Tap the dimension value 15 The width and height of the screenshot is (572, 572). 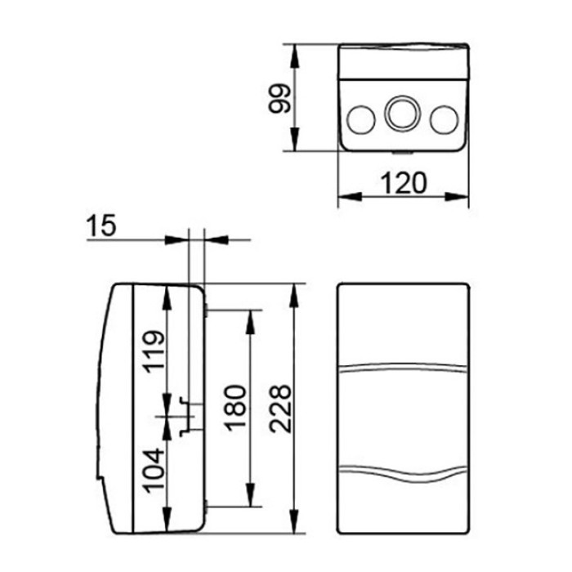(102, 225)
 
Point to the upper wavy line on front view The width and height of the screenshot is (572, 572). (404, 369)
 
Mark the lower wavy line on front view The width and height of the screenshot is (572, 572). (404, 472)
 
